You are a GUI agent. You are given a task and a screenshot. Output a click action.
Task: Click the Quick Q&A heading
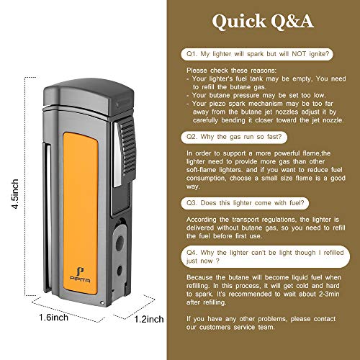pos(263,21)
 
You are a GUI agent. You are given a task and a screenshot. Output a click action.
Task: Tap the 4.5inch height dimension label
pos(15,194)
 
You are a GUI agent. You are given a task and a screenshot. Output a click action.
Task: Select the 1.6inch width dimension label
pos(53,318)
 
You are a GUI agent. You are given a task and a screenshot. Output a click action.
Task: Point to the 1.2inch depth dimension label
pos(149,319)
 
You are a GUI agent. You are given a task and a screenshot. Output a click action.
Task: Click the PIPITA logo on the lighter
pos(80,275)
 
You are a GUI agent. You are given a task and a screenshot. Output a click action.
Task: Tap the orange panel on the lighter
pos(81,213)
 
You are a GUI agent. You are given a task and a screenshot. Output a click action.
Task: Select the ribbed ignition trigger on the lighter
pos(127,150)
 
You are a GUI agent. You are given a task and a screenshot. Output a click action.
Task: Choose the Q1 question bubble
pos(257,54)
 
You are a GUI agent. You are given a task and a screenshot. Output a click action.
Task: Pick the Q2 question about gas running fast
pos(234,137)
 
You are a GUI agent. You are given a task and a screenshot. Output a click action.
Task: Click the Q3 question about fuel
pos(245,203)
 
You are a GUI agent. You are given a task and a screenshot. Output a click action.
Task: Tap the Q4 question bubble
pos(265,256)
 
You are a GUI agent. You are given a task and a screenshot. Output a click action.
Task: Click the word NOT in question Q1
pos(299,54)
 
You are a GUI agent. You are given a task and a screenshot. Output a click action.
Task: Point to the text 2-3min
pos(329,294)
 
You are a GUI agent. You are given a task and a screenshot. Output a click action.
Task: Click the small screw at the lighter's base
pos(102,303)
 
